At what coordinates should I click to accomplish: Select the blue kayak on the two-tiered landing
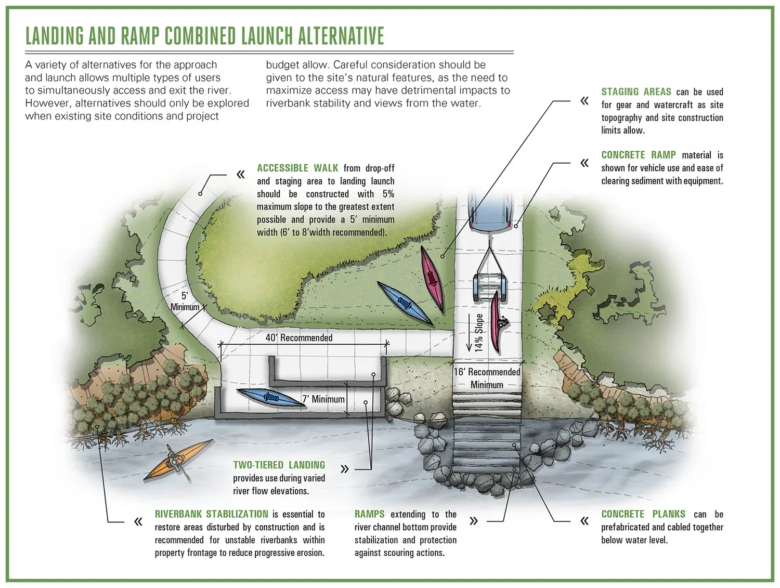(x=268, y=398)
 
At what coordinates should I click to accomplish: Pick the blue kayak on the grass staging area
(x=404, y=303)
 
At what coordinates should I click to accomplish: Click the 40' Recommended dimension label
(x=299, y=338)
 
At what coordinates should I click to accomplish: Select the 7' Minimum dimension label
(x=323, y=399)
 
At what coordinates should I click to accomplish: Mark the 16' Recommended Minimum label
(x=487, y=378)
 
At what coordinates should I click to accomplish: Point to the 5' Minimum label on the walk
(x=185, y=302)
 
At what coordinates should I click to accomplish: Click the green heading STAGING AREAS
(x=636, y=92)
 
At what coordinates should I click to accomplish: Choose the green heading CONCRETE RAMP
(x=638, y=155)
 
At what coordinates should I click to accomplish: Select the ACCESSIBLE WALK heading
(x=297, y=168)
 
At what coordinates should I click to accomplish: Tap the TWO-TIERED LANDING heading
(x=279, y=465)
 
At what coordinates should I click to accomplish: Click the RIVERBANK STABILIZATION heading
(x=212, y=514)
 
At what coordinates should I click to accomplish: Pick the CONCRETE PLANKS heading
(x=643, y=514)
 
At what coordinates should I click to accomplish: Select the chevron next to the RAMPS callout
(x=473, y=521)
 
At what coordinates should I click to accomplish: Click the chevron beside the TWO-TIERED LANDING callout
(x=344, y=469)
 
